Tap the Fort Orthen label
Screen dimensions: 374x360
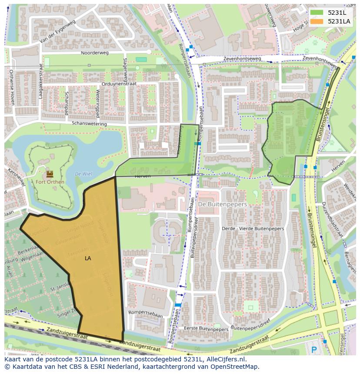50,182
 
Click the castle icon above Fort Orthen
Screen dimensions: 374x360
50,174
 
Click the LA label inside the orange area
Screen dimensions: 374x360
88,258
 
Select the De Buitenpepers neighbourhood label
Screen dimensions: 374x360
222,204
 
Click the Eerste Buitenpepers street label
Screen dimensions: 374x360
206,329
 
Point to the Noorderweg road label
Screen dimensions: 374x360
94,53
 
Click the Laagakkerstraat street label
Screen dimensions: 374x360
41,81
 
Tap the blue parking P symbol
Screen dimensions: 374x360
314,349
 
